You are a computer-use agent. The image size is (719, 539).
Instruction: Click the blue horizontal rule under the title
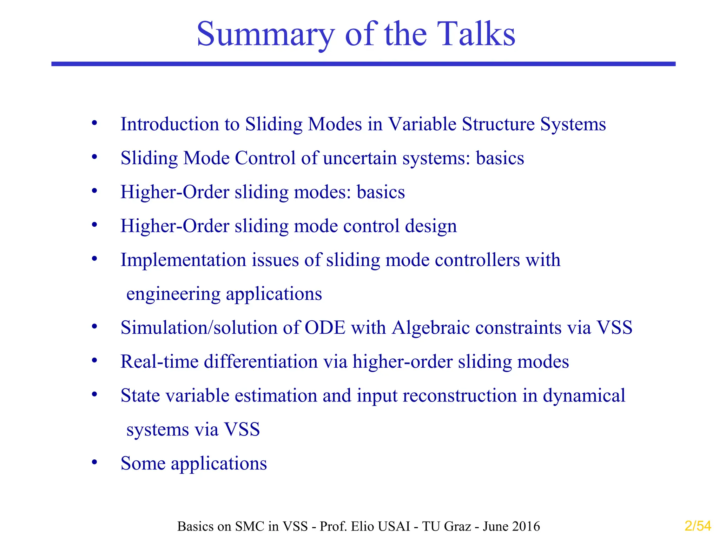coord(363,64)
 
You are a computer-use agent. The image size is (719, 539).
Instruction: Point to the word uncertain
coord(359,158)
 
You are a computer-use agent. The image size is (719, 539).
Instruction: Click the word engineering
coord(173,294)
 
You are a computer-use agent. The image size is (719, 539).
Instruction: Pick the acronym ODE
coord(325,328)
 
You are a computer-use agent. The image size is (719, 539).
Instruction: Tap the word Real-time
coord(159,362)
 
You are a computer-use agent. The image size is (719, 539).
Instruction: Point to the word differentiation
coord(261,362)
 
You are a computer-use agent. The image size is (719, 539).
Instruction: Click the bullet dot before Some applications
coord(94,462)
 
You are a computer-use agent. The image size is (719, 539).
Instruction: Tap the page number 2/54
coord(698,526)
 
